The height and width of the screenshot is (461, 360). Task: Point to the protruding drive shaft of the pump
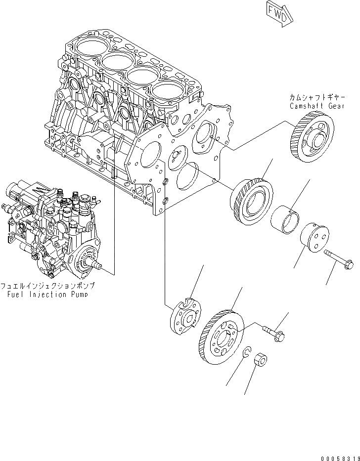pyautogui.click(x=99, y=268)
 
